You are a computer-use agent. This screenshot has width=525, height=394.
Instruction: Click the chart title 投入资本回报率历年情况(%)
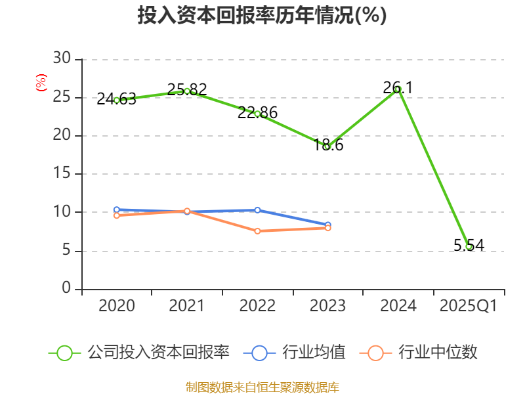pyautogui.click(x=262, y=16)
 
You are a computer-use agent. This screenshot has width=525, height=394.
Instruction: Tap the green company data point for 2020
pyautogui.click(x=117, y=100)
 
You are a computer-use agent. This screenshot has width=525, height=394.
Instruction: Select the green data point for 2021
pyautogui.click(x=187, y=91)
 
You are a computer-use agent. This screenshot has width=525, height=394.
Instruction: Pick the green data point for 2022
pyautogui.click(x=257, y=114)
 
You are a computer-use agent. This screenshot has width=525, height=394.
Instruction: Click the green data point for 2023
pyautogui.click(x=327, y=146)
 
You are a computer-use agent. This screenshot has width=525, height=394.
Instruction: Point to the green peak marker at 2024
pyautogui.click(x=398, y=89)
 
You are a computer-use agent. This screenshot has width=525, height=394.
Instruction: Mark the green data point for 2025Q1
pyautogui.click(x=469, y=247)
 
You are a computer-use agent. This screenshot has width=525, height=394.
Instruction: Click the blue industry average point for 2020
pyautogui.click(x=117, y=210)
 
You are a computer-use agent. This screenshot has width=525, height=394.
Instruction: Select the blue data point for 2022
pyautogui.click(x=257, y=210)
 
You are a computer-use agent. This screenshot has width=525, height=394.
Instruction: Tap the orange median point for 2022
pyautogui.click(x=257, y=231)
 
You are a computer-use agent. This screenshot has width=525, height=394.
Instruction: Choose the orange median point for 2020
pyautogui.click(x=117, y=215)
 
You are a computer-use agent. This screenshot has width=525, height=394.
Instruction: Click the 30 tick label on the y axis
pyautogui.click(x=62, y=59)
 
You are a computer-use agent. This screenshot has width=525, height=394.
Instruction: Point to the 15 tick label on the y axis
pyautogui.click(x=62, y=174)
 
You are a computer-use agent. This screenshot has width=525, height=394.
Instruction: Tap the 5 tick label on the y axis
pyautogui.click(x=66, y=251)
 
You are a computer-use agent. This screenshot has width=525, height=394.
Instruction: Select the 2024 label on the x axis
pyautogui.click(x=398, y=306)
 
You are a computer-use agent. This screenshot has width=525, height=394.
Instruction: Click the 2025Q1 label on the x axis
pyautogui.click(x=469, y=306)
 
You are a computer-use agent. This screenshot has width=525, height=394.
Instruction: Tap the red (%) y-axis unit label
pyautogui.click(x=41, y=83)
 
